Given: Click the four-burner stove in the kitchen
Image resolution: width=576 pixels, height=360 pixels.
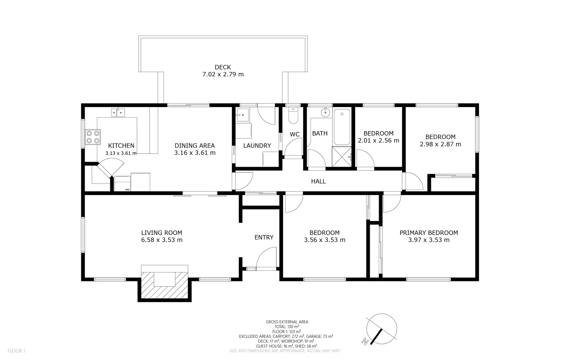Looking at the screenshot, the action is (93, 137).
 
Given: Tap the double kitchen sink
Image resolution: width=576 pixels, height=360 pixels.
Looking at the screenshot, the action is (118, 112).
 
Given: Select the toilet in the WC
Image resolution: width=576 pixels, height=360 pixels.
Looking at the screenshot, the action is (293, 115).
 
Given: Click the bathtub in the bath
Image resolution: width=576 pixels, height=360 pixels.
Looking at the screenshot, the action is (342, 127).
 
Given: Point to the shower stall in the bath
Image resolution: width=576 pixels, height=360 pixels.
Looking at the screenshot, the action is (342, 157).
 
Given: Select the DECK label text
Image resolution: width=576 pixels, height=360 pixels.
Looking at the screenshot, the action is (223, 67).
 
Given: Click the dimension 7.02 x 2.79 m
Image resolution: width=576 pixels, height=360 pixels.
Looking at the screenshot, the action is (223, 74).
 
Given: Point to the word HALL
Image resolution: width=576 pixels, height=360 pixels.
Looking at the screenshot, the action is (318, 181).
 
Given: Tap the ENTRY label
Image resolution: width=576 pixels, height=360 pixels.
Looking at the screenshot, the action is (264, 237).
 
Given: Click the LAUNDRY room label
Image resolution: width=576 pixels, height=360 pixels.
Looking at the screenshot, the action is (257, 146).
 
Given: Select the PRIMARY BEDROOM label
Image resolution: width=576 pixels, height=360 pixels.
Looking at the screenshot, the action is (429, 233).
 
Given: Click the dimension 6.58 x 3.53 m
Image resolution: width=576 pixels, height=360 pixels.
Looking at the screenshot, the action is (162, 240).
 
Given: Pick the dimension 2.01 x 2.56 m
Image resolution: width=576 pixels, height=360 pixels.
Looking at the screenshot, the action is (378, 141).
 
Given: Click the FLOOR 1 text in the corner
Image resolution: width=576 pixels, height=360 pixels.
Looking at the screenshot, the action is (16, 351).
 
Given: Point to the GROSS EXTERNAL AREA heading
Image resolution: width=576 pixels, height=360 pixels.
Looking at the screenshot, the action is (287, 322).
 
